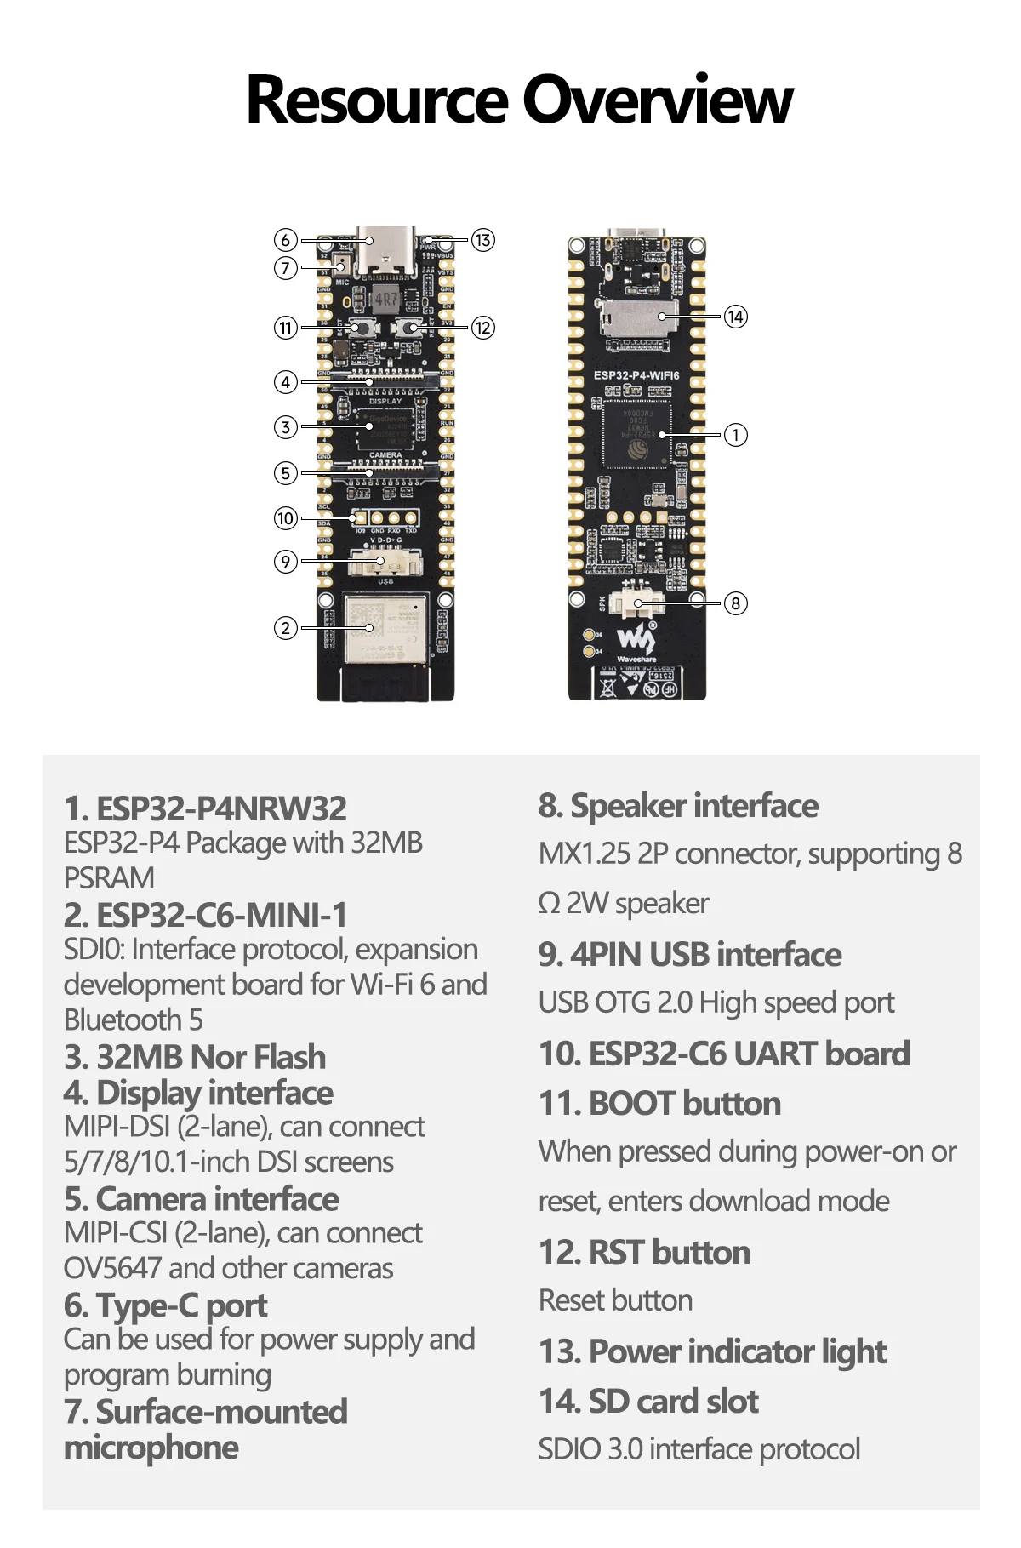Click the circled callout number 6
coord(286,240)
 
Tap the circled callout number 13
coord(482,240)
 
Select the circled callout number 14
coord(735,317)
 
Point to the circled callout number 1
coord(735,435)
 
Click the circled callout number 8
coord(735,603)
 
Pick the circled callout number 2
coord(286,628)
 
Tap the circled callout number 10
coord(286,517)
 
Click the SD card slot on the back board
coord(638,317)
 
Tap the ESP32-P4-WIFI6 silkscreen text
coord(636,375)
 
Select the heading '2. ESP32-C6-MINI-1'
coord(206,915)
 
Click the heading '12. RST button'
coord(644,1252)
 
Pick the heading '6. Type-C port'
coord(165,1305)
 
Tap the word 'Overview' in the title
coord(657,100)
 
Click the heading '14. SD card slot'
coord(648,1401)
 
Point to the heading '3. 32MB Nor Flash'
coord(195,1056)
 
